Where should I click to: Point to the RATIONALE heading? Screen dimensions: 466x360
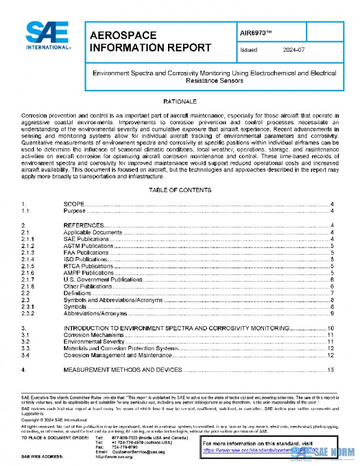180,101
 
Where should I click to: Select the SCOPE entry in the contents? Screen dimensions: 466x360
74,205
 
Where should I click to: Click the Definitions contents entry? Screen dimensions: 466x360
78,293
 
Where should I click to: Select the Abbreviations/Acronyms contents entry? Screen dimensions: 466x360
95,313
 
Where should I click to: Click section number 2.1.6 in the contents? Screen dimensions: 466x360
28,273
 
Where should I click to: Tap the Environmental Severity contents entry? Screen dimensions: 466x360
93,341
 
